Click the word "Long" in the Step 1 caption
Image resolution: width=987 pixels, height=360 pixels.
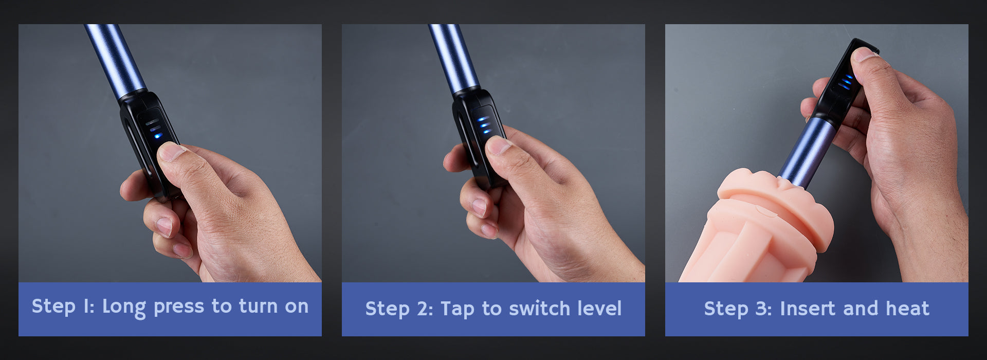coord(124,307)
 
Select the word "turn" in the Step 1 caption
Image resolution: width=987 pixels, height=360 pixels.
coord(259,307)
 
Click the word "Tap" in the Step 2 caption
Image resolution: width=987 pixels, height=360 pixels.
coord(458,310)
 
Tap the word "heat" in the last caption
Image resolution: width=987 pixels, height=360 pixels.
coord(907,309)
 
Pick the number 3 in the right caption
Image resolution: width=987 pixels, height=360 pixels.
coord(763,309)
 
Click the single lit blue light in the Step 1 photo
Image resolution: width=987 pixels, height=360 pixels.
coord(157,136)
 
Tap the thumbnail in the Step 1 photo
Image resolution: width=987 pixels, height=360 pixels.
coord(172,151)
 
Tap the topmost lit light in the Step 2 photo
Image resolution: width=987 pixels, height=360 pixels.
coord(483,119)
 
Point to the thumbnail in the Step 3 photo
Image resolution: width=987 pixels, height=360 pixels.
coord(863,53)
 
